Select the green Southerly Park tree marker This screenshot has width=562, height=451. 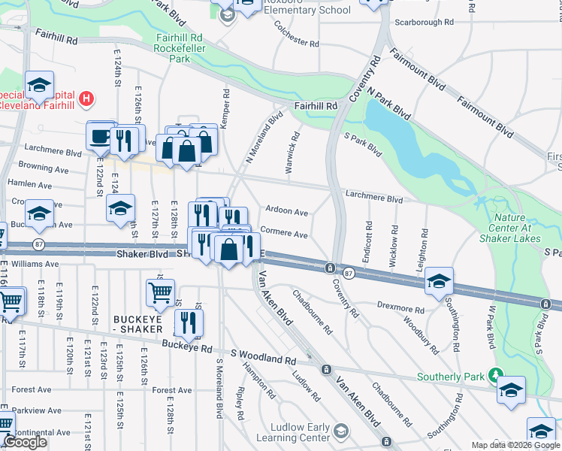(x=494, y=374)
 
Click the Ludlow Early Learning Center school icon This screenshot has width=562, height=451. (x=341, y=431)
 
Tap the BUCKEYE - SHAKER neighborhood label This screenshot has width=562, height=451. (x=137, y=324)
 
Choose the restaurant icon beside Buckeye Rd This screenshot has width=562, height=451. (x=188, y=322)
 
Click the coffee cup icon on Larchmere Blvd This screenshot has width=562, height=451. (x=100, y=136)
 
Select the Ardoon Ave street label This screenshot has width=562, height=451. (x=287, y=213)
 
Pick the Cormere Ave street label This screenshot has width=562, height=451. (x=284, y=235)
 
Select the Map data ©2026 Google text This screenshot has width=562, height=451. (x=515, y=445)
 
